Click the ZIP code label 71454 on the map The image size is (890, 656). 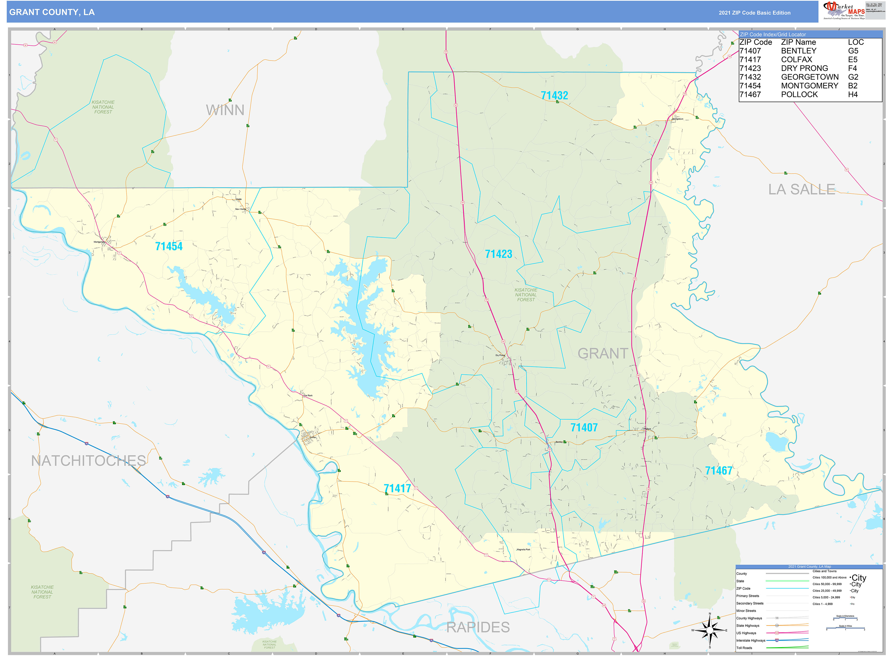coord(169,246)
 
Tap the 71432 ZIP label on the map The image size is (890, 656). coord(554,95)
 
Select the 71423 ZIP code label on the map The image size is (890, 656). coord(499,254)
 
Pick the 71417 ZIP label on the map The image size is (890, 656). coord(397,488)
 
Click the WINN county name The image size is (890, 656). coord(225,110)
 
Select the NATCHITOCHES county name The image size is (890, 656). coord(89,461)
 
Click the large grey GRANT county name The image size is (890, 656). coord(602,353)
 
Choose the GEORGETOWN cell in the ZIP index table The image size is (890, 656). coord(809,77)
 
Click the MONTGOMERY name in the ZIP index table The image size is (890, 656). coord(809,86)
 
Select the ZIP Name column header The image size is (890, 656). coord(798,42)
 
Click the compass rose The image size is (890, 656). coord(710,630)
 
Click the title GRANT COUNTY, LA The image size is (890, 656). coord(52,12)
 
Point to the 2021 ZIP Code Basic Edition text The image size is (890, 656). coord(754,13)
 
